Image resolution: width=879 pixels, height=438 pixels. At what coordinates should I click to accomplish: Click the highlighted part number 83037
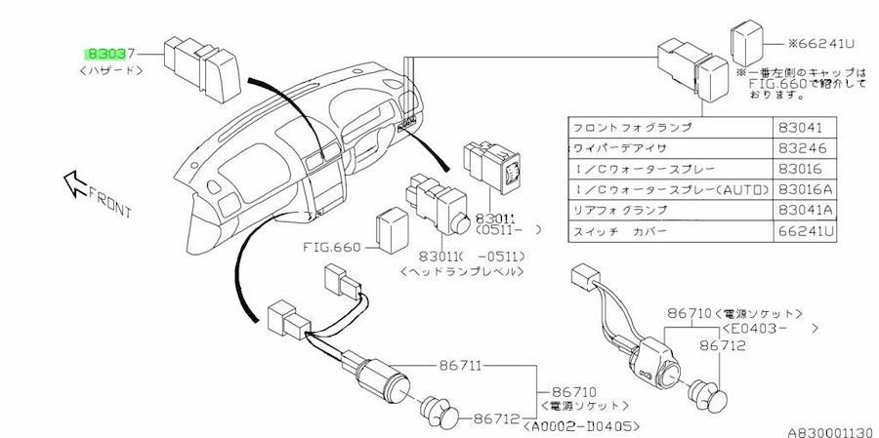click(109, 55)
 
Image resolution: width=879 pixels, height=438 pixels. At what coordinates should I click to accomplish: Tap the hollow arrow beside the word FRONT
click(75, 182)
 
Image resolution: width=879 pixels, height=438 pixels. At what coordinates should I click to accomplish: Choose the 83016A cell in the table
click(803, 190)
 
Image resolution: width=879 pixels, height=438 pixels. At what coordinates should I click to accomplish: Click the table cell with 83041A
click(803, 211)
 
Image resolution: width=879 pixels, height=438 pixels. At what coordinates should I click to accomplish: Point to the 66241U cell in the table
click(803, 231)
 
